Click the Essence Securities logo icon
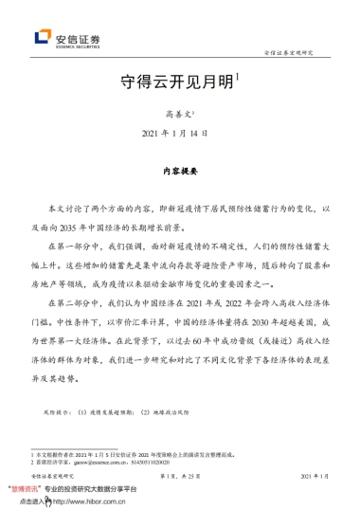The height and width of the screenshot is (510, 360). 42,38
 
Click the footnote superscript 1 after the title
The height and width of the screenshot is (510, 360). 238,77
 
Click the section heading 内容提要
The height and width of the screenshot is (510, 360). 180,173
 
